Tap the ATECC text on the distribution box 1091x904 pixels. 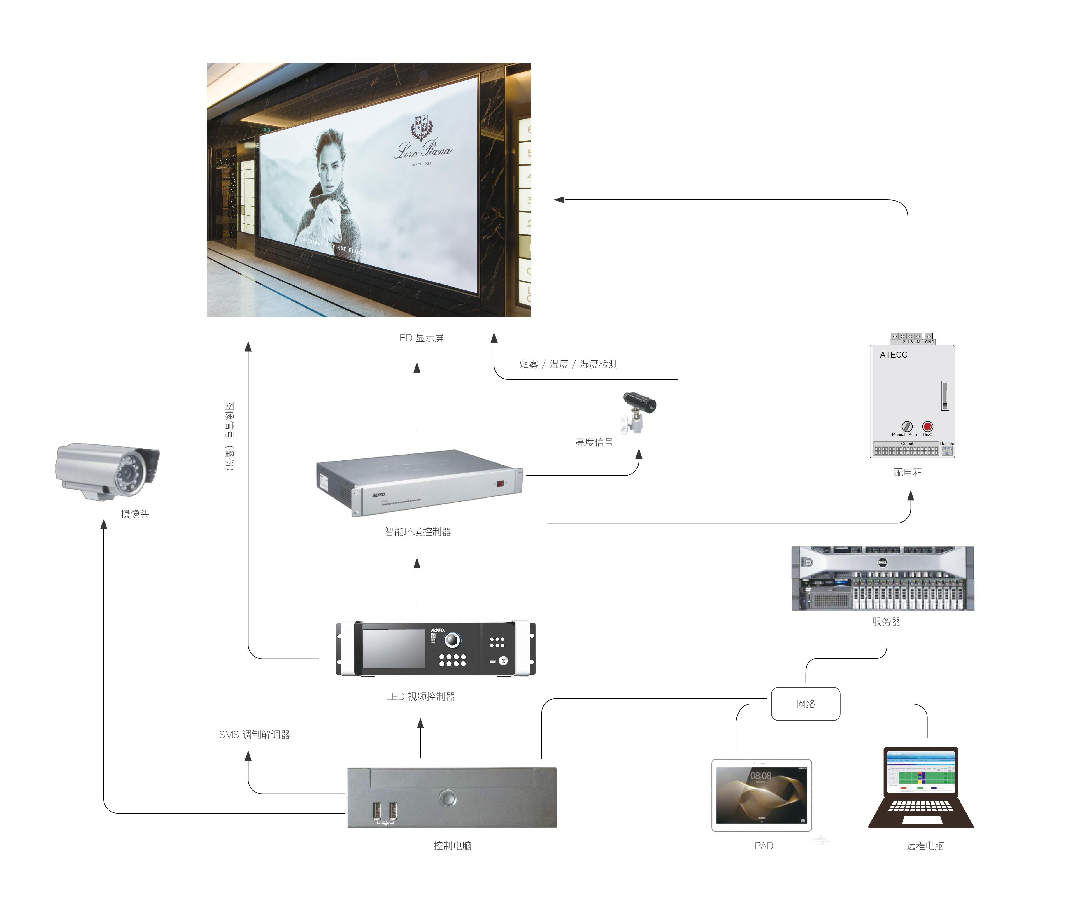894,355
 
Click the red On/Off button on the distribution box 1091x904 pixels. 927,427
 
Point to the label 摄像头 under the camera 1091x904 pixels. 135,514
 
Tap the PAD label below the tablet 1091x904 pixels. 764,846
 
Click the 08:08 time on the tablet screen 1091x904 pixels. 761,776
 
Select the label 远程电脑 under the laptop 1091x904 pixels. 925,846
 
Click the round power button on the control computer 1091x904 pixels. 448,798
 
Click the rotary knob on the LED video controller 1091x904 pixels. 452,640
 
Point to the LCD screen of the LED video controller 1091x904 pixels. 394,648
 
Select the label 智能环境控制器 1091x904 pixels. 418,532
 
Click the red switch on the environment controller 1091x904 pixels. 500,484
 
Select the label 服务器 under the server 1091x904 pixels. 886,621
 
